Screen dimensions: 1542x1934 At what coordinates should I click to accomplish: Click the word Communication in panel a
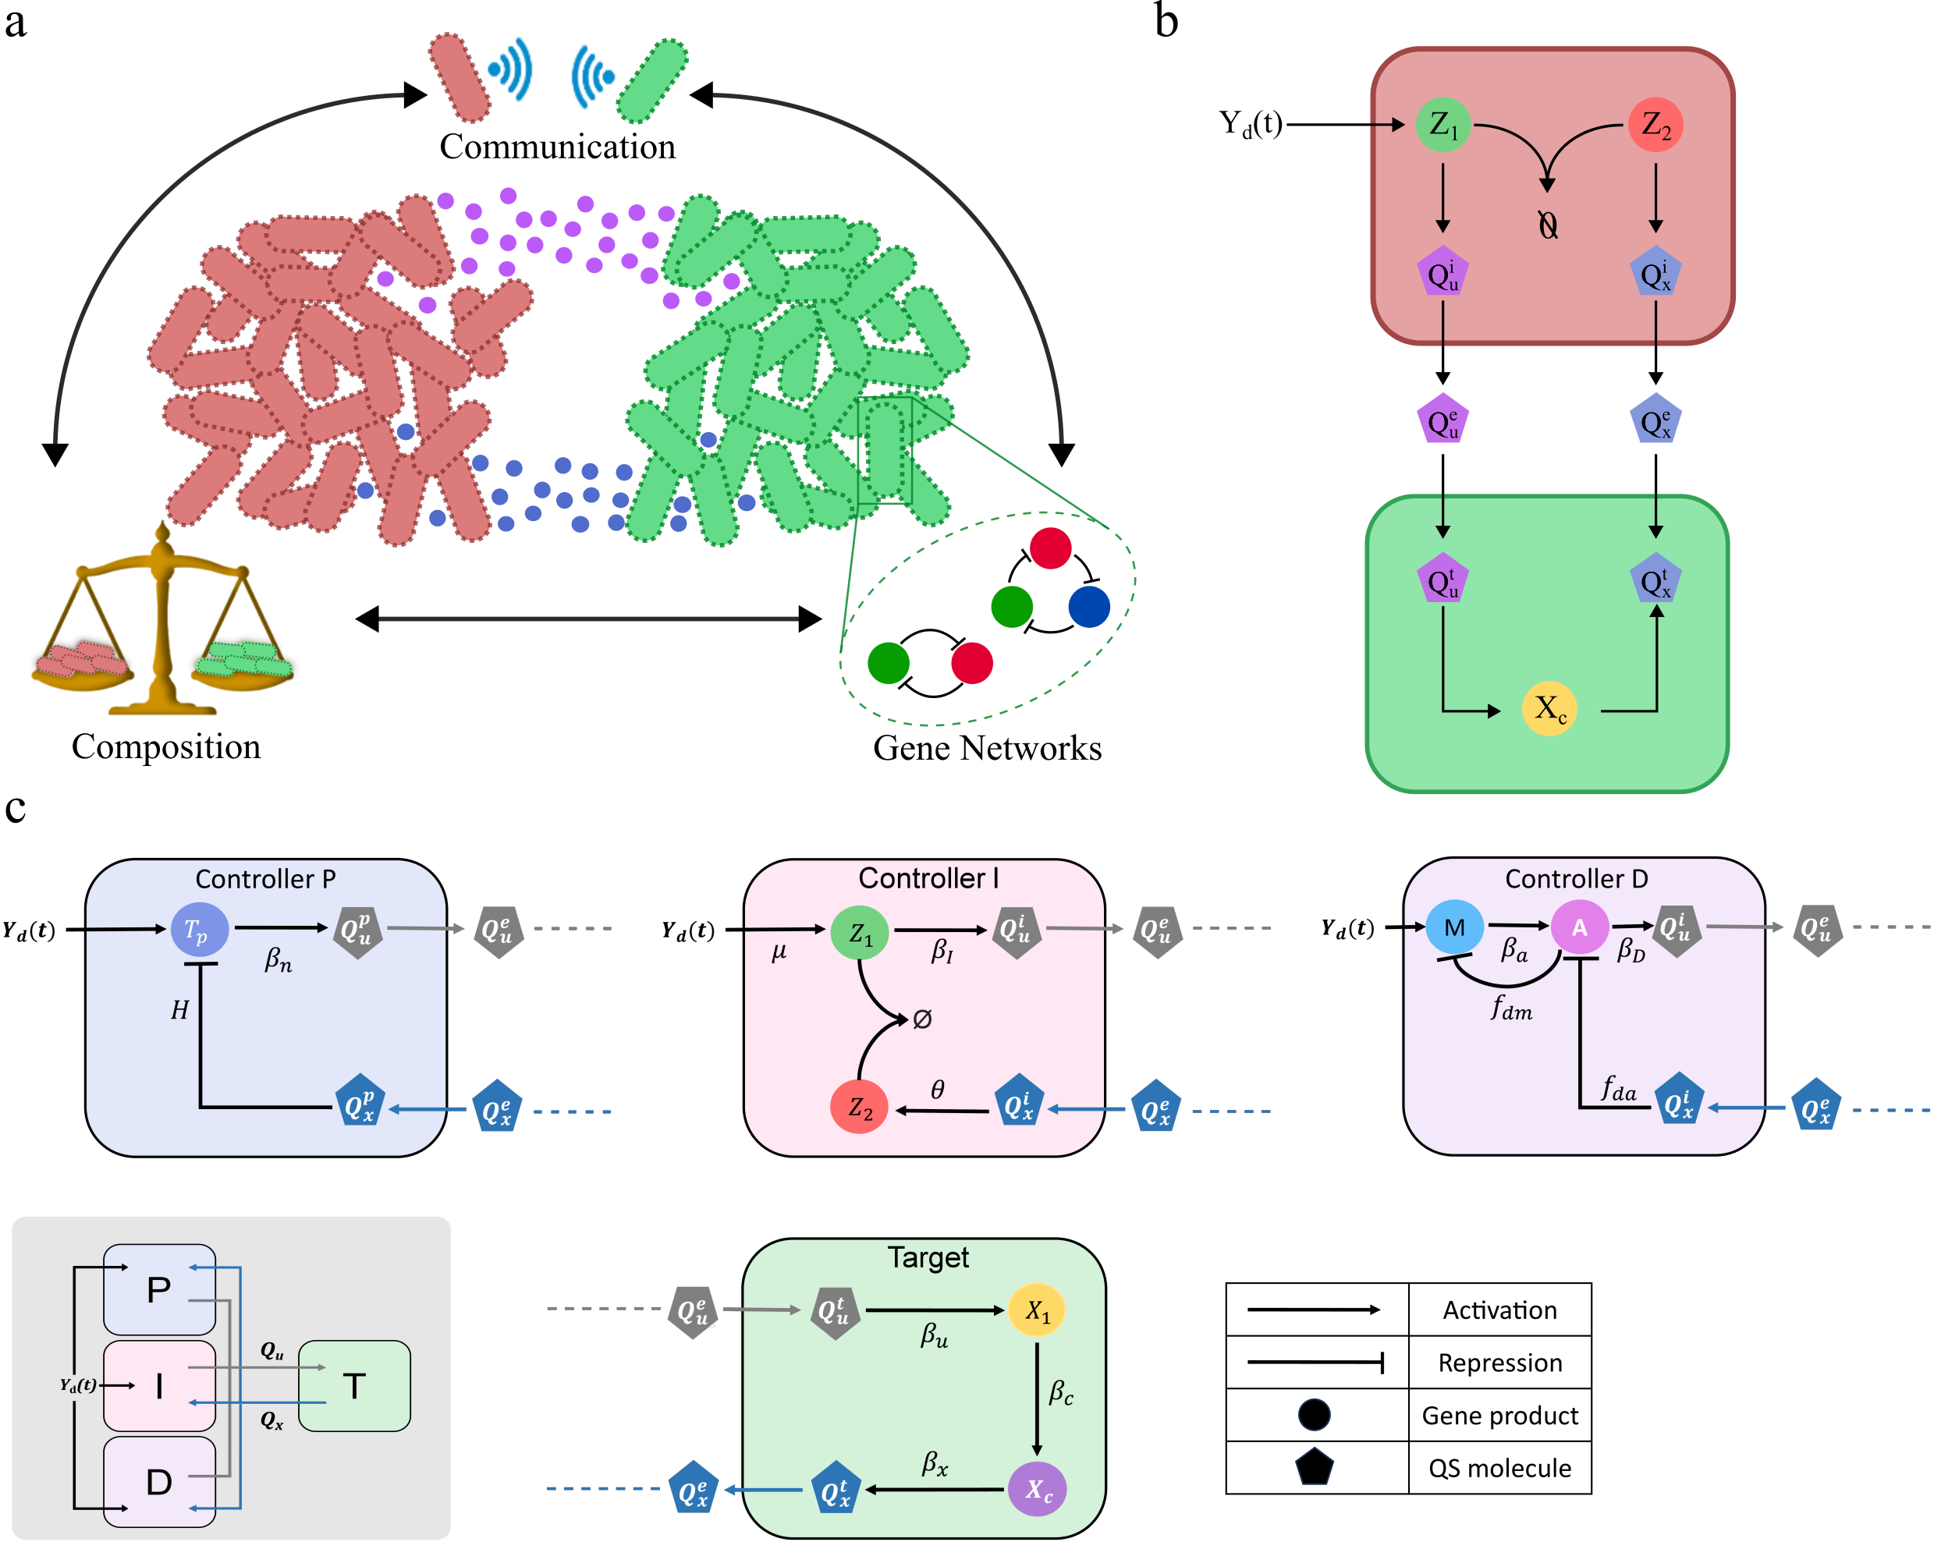557,146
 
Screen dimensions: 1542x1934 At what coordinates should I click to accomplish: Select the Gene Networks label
987,747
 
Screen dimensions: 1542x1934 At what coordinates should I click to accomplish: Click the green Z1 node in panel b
1443,125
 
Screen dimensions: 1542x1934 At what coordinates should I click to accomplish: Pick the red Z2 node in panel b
1655,125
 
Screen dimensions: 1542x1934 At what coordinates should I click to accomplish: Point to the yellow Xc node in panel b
1549,709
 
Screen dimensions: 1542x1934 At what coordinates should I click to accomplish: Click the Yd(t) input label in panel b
1251,123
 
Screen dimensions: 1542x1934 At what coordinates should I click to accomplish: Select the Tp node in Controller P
198,931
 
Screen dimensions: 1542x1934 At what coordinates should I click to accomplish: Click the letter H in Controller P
179,1010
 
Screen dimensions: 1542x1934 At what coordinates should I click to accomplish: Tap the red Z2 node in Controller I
858,1108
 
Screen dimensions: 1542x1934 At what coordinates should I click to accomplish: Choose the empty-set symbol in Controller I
922,1019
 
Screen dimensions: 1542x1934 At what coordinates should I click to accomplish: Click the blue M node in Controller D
1454,927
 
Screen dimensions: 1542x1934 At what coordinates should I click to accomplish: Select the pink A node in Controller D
1579,927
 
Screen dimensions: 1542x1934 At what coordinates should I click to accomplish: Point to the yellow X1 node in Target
1036,1310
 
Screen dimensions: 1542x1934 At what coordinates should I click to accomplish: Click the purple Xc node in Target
1037,1490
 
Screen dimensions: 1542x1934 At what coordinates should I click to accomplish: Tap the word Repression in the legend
1499,1363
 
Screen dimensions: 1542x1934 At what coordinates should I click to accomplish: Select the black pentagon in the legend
1314,1468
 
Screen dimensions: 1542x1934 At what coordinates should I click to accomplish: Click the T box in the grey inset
354,1386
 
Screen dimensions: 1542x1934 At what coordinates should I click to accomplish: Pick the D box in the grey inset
160,1482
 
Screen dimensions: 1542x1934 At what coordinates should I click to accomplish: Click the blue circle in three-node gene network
1089,606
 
